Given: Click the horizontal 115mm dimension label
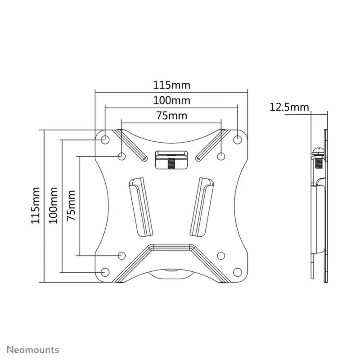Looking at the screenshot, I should pyautogui.click(x=172, y=85).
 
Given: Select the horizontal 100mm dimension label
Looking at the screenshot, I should pyautogui.click(x=172, y=100).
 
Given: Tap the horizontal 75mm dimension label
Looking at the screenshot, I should pyautogui.click(x=171, y=115).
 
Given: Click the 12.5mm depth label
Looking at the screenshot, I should pyautogui.click(x=289, y=107).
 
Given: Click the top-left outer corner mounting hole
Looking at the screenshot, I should pyautogui.click(x=104, y=139).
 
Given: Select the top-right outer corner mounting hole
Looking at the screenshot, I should pyautogui.click(x=237, y=139).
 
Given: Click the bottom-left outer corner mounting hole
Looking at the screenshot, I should pyautogui.click(x=104, y=272).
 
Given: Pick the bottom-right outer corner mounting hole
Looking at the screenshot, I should pyautogui.click(x=237, y=272).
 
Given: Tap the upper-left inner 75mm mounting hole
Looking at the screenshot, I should pyautogui.click(x=121, y=156).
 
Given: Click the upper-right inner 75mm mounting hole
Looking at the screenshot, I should pyautogui.click(x=221, y=156).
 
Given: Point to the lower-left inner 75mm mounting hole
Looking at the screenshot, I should pyautogui.click(x=121, y=255).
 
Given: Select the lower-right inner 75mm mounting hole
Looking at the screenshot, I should pyautogui.click(x=221, y=255).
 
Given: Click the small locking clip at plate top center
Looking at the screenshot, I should pyautogui.click(x=171, y=160).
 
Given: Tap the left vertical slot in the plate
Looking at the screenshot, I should pyautogui.click(x=140, y=206).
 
